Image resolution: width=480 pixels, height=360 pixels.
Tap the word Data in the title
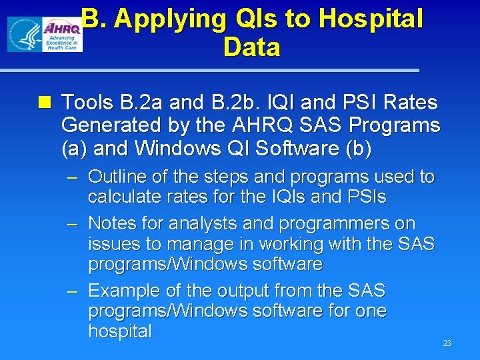[x=252, y=48]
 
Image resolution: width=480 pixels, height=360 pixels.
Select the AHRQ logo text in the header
[x=61, y=27]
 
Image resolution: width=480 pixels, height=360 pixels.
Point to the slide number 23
[x=447, y=343]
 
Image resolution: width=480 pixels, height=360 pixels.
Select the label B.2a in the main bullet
[x=138, y=103]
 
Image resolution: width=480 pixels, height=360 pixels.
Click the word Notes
[x=113, y=223]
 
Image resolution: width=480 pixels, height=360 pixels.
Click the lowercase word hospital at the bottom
[x=120, y=331]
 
